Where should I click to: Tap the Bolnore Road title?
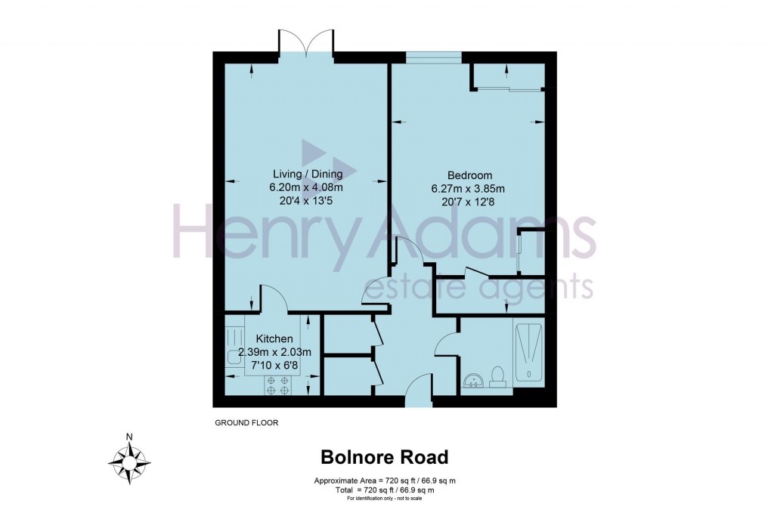385,457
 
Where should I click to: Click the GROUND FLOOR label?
246,423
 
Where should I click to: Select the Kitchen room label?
274,338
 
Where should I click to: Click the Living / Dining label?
306,175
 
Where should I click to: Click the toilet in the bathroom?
498,376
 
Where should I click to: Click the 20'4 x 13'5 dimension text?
306,202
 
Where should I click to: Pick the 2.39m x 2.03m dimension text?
274,352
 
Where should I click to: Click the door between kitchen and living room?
273,299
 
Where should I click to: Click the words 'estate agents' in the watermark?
478,286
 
